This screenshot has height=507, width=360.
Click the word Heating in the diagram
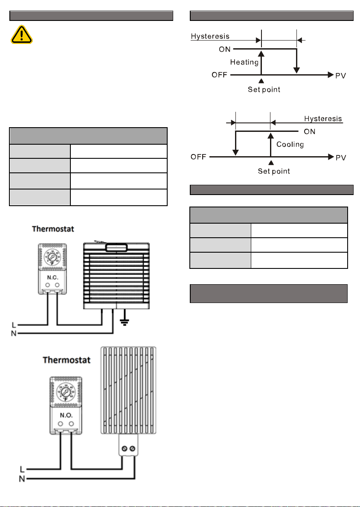click(x=244, y=62)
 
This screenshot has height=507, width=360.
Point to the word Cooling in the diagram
click(x=290, y=145)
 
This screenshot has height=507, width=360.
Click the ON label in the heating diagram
click(x=225, y=49)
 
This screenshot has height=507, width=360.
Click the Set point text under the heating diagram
click(x=264, y=90)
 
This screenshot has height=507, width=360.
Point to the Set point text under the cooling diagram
click(x=274, y=171)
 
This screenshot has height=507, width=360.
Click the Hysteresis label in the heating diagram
click(x=210, y=37)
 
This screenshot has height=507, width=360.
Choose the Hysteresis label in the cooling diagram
click(x=323, y=119)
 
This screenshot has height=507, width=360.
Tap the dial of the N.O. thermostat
click(x=65, y=390)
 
